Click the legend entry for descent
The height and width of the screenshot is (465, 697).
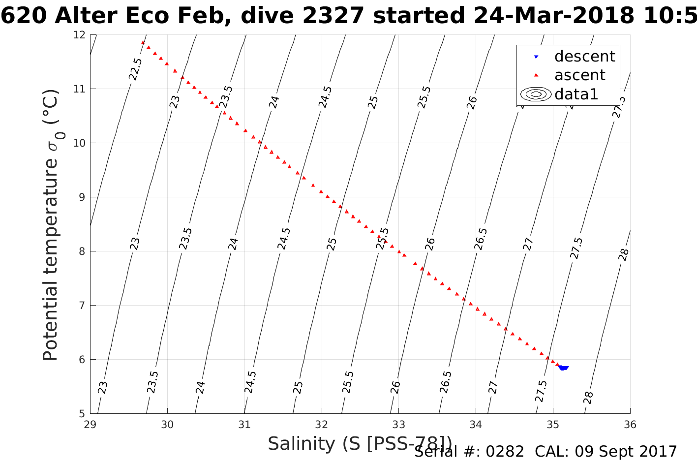584,57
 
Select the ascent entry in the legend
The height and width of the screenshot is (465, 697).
579,75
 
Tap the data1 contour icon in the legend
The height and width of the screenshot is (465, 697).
536,94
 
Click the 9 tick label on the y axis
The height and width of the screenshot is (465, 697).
82,197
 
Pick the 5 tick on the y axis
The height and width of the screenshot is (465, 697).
82,413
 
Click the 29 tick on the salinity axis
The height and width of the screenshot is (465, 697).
90,425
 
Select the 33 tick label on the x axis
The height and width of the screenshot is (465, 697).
399,425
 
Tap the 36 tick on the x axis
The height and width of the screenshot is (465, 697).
630,425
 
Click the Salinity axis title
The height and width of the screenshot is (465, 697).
360,444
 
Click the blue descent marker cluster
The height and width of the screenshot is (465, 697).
563,368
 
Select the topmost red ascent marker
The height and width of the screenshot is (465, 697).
143,43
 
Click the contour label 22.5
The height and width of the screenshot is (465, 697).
135,69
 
